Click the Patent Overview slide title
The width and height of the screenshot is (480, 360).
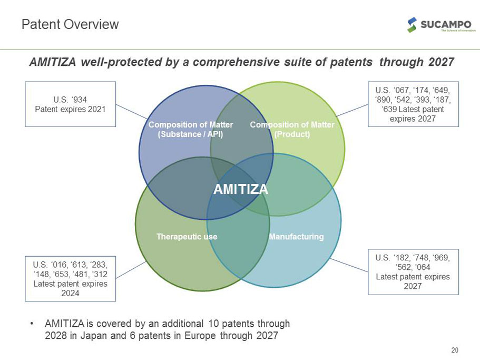pos(70,24)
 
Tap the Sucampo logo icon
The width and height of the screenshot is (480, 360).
pos(413,24)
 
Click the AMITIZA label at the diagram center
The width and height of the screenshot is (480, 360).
pos(241,189)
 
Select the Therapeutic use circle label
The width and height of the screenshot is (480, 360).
pos(187,237)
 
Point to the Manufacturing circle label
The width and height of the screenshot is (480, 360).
pos(296,237)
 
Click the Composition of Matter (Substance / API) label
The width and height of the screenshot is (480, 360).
pos(191,129)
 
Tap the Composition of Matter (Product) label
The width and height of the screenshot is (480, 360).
pos(292,129)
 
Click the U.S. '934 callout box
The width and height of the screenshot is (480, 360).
pos(70,104)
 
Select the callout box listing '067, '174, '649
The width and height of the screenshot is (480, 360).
pos(413,104)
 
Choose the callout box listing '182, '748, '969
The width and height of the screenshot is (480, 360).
pos(413,271)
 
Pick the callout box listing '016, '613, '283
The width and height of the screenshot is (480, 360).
pos(70,278)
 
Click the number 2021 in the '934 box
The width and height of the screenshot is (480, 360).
pos(96,110)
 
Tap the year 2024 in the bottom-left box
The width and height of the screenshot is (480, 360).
pos(70,294)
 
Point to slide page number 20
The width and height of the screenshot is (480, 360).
pos(455,350)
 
